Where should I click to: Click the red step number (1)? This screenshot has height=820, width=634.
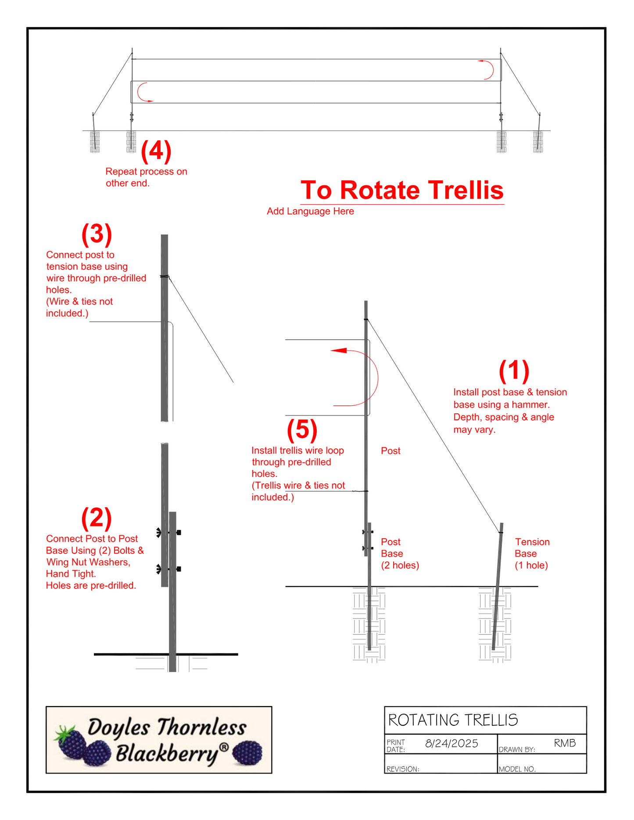click(514, 371)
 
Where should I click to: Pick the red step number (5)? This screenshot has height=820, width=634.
click(302, 429)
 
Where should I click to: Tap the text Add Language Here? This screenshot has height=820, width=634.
click(310, 211)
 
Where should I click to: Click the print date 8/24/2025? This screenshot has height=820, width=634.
click(451, 743)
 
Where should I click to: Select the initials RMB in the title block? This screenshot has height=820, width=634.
click(565, 743)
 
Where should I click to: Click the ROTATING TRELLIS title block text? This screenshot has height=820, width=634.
click(453, 720)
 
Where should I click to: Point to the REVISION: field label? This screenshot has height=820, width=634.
click(403, 769)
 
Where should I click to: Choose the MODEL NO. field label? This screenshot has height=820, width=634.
click(517, 769)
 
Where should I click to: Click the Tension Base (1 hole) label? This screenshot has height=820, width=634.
click(532, 554)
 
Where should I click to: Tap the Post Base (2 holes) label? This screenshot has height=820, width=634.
click(400, 554)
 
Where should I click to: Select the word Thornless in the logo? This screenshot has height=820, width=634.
click(201, 728)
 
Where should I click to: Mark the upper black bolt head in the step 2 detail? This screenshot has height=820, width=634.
click(179, 532)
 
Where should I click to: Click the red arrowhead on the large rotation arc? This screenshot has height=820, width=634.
click(338, 351)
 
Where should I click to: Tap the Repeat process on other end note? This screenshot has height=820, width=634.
click(146, 177)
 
